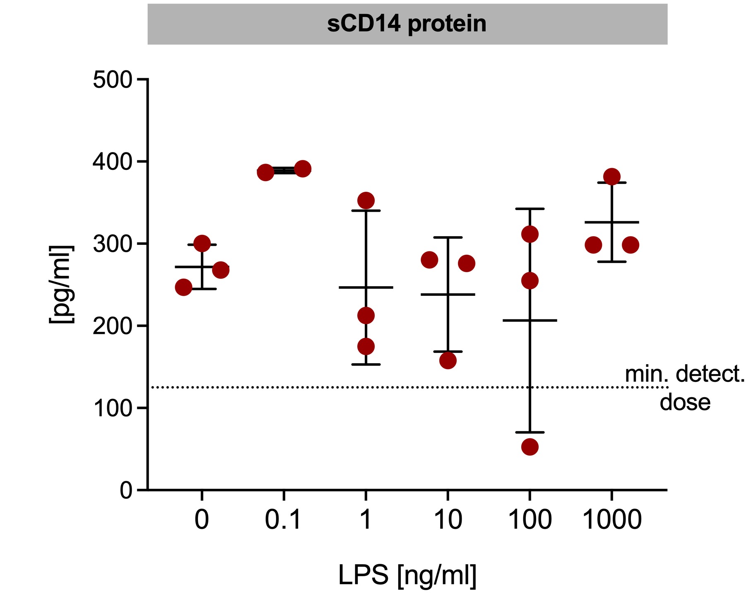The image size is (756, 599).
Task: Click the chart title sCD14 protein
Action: [x=407, y=24]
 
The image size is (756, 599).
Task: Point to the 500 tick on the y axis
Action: [x=112, y=80]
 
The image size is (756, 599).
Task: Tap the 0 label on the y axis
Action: [x=126, y=490]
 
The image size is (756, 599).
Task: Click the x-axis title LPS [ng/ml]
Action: [x=407, y=575]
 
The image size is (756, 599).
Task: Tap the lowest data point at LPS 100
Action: [x=530, y=447]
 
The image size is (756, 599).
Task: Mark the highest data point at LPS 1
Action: [x=366, y=201]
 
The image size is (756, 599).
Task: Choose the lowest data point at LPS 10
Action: [x=448, y=360]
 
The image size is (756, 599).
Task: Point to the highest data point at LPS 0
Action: [x=202, y=244]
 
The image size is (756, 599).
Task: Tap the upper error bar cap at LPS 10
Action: [x=448, y=237]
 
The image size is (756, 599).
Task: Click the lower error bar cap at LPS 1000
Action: [x=612, y=262]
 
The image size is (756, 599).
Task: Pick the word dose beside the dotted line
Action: [x=685, y=402]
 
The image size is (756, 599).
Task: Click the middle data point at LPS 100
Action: [x=530, y=281]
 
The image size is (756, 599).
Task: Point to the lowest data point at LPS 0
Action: [x=184, y=287]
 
